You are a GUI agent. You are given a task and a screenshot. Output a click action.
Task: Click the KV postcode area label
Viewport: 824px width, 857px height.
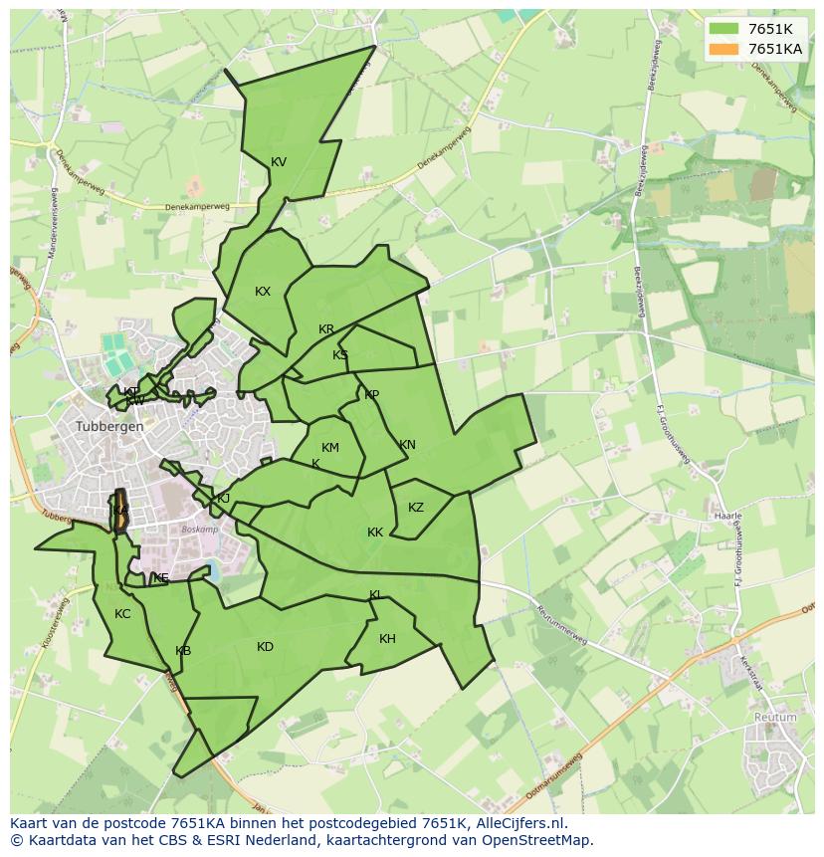tap(279, 162)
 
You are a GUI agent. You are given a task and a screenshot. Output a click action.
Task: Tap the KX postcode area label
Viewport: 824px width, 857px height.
tap(263, 292)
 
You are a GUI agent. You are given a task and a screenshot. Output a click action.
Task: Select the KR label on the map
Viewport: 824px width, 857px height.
tap(326, 329)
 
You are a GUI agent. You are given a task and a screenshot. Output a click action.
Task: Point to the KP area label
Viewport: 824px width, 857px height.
tap(371, 395)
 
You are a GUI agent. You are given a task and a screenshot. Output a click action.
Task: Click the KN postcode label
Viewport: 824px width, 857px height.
tap(407, 445)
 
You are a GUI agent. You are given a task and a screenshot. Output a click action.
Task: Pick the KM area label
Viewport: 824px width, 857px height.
tap(330, 448)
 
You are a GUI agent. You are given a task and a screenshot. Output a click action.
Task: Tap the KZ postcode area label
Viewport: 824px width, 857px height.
tap(416, 508)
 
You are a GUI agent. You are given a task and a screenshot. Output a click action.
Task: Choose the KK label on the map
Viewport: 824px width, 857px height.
tap(375, 533)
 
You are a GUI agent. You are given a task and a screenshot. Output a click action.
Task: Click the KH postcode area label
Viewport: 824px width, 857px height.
tap(387, 639)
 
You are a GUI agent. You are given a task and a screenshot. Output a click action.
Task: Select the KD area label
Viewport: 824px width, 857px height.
tap(265, 647)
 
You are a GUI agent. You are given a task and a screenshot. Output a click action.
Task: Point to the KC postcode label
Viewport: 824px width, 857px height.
tap(122, 614)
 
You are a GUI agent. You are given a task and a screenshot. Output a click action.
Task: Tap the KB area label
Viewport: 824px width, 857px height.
tap(183, 651)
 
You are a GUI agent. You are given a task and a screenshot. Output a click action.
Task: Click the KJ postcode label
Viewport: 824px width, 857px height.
tap(224, 499)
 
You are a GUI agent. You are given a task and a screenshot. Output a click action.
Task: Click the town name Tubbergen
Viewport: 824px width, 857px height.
tap(109, 426)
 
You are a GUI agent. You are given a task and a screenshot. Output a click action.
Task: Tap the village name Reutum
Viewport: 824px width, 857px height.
tap(775, 717)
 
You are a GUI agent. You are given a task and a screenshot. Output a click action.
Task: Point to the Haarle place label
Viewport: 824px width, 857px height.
tap(728, 517)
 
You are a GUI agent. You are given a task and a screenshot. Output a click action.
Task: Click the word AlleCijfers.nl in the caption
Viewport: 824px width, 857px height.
tap(517, 823)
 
